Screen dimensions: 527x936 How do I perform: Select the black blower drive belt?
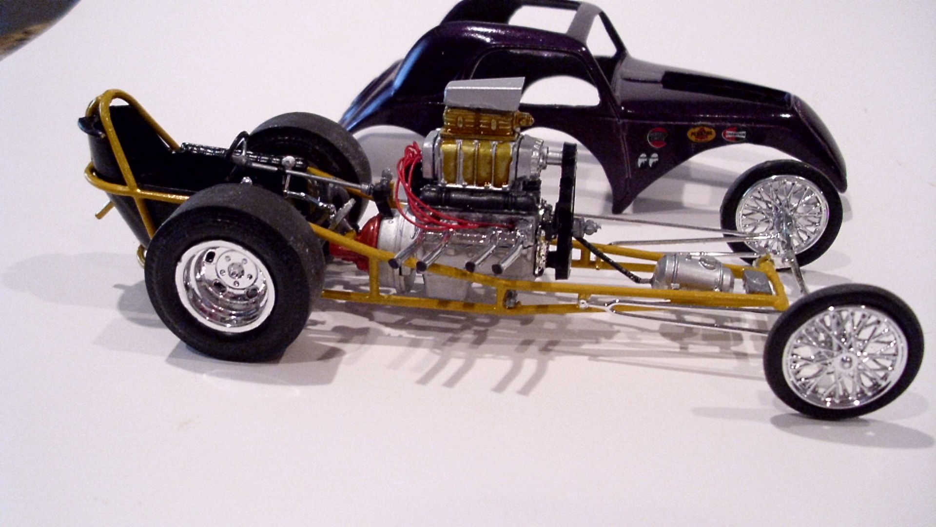click(565, 210)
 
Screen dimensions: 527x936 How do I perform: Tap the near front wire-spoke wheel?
click(843, 352)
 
